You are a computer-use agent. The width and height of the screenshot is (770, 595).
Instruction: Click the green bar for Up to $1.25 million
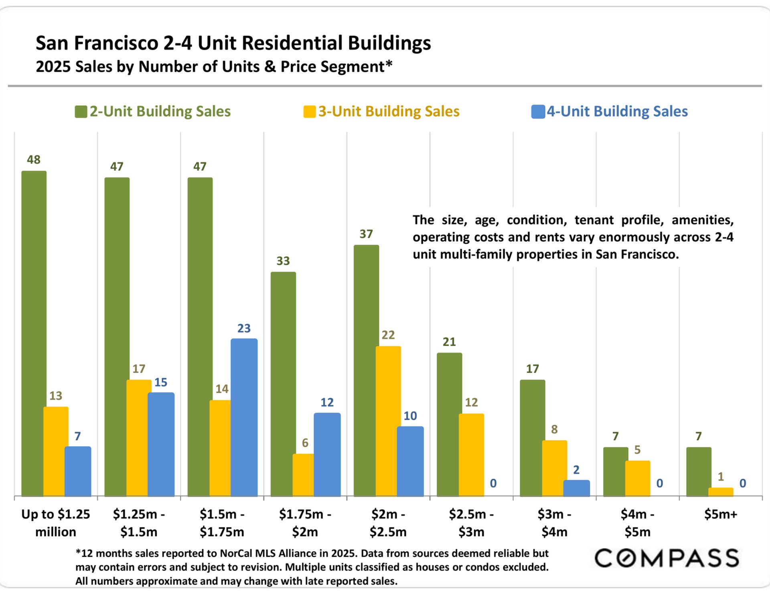coord(34,333)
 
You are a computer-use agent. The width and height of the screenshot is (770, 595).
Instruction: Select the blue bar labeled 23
coord(244,417)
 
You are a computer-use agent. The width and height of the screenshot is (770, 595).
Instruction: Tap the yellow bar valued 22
coord(388,421)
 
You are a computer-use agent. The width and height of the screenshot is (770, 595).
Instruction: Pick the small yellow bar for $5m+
coord(721,492)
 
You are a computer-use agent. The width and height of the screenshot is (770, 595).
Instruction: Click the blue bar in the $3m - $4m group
coord(576,488)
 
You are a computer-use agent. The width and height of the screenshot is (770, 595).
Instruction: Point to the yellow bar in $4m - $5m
coord(637,478)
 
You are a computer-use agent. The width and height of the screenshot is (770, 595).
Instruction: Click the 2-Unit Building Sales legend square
coord(81,112)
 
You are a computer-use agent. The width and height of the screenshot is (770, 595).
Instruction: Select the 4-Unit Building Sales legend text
coord(617,111)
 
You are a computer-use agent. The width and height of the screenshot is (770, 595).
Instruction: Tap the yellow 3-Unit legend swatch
coord(310,112)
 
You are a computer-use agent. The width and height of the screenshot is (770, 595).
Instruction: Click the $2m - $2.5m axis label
coord(388,523)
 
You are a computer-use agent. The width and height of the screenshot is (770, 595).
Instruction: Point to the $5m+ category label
coord(721,514)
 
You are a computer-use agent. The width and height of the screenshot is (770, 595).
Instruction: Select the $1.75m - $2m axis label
coord(305,523)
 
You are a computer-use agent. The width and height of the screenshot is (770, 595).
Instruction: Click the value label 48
coord(34,160)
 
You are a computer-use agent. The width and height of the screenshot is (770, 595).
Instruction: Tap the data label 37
coord(366,234)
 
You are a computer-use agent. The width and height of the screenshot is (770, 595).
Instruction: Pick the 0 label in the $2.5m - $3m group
coord(493,483)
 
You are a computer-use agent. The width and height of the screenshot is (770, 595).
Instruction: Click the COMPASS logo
coord(667,558)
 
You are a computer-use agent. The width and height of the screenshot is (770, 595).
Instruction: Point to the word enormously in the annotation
coord(636,237)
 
